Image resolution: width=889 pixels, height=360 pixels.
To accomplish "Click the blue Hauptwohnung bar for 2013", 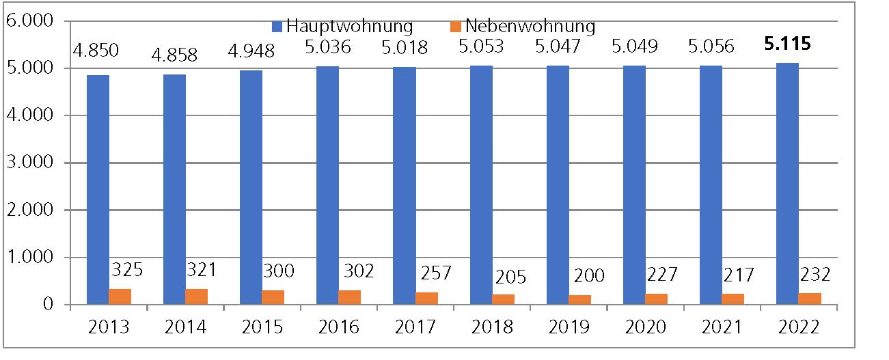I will coord(98,189).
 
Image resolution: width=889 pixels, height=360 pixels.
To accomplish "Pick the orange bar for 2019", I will coord(579,299).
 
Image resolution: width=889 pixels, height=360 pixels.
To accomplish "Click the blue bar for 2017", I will coord(405,185).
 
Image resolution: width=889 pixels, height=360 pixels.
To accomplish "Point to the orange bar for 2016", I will coord(350,297).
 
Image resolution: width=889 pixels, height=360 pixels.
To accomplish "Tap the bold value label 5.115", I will coord(788,44).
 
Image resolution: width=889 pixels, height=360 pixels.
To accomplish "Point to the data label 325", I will coord(126,270).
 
